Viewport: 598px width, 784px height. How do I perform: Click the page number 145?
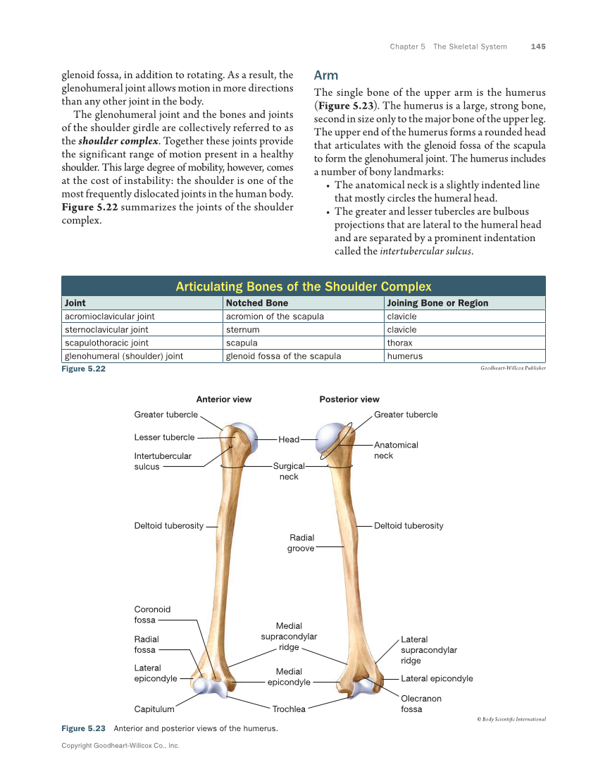click(538, 47)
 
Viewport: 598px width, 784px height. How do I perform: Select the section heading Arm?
click(326, 75)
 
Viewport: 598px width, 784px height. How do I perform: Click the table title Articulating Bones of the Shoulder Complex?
click(304, 286)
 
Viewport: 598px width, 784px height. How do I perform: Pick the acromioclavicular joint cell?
click(110, 317)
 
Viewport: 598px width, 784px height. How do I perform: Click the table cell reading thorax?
click(399, 343)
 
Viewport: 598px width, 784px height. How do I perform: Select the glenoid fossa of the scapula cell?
click(283, 356)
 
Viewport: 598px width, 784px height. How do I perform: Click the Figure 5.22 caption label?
click(83, 369)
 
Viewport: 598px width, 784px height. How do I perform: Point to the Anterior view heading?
click(223, 399)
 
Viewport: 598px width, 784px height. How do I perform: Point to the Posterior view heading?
click(349, 399)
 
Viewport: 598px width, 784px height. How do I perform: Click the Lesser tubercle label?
click(164, 437)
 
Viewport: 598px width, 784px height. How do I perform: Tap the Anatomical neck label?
click(396, 450)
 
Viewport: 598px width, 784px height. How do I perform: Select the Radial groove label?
click(301, 543)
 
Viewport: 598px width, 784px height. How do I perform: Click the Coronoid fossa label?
click(152, 615)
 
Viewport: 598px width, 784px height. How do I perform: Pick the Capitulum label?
click(154, 709)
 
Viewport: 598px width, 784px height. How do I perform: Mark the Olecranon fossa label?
click(421, 704)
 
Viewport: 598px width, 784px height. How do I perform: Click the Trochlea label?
click(289, 709)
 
